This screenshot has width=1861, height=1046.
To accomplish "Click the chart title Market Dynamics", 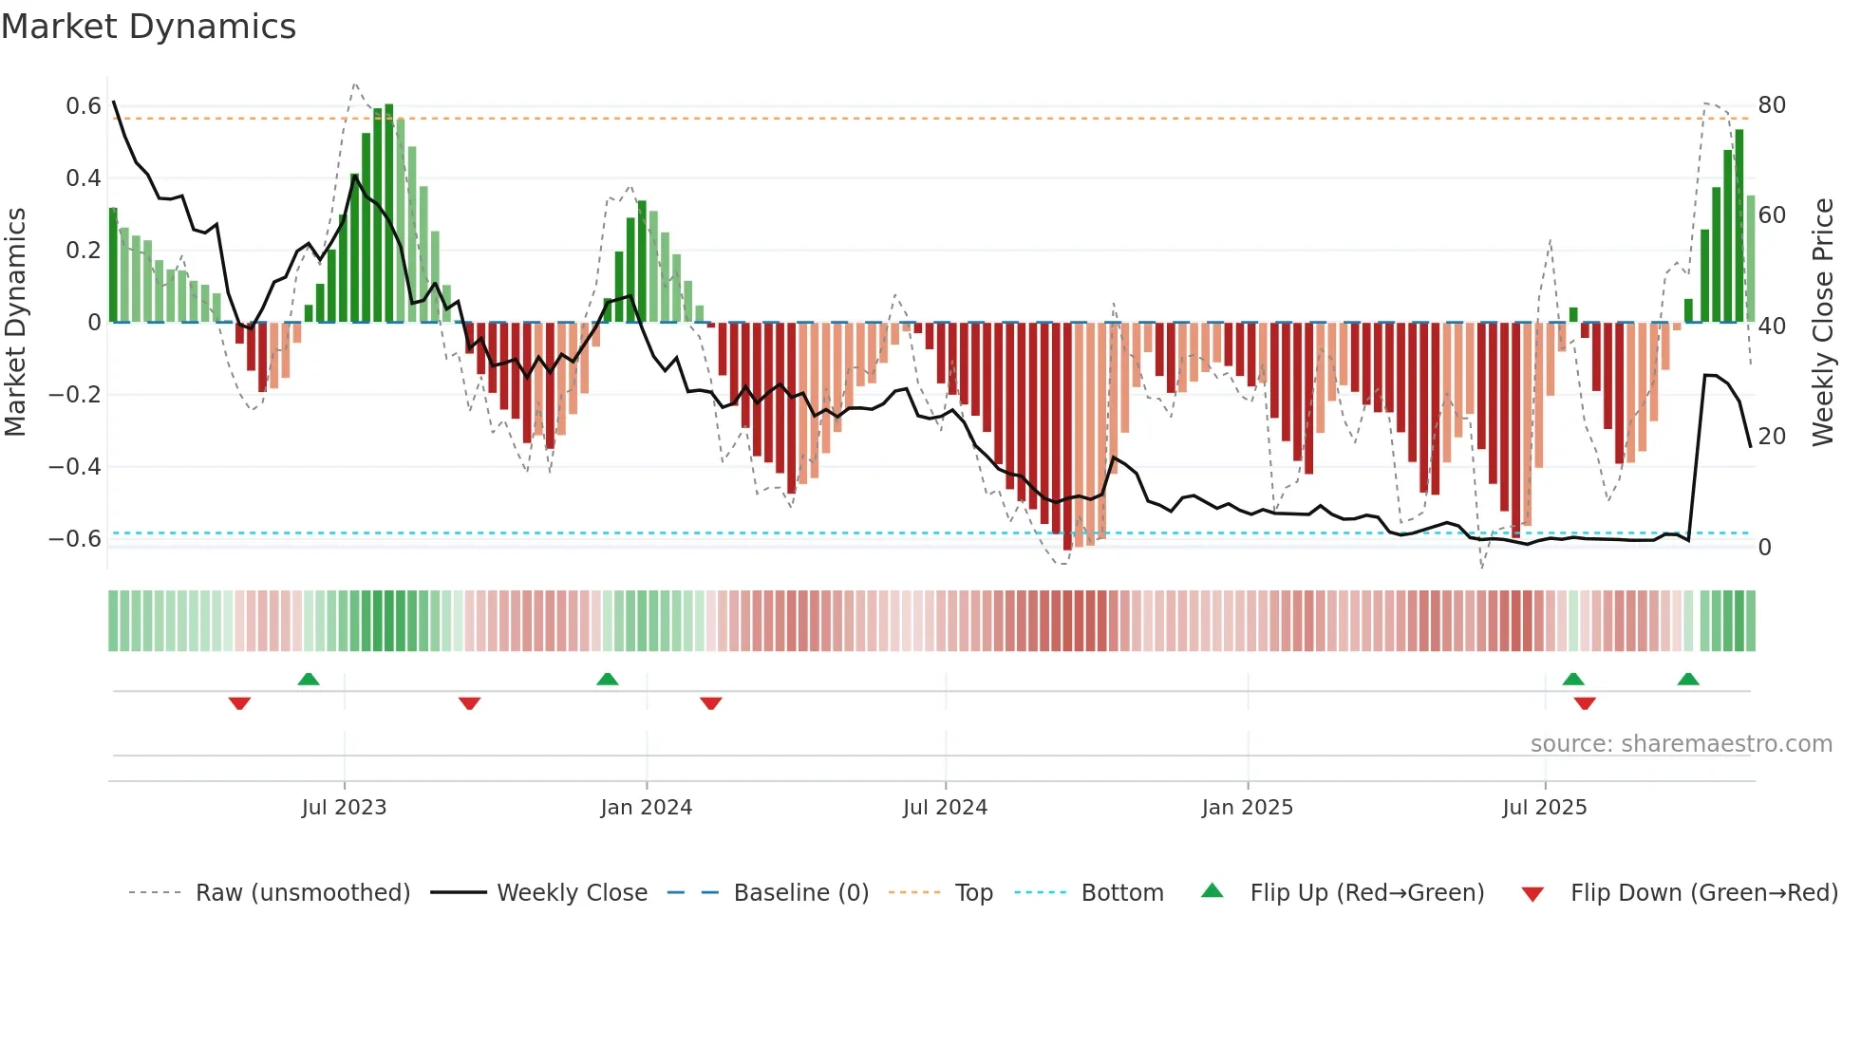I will (x=148, y=27).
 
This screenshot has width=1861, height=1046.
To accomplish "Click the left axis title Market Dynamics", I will (x=16, y=322).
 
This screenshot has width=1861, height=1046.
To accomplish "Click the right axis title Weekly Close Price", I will (x=1822, y=322).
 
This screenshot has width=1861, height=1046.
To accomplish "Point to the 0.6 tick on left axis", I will (x=84, y=105).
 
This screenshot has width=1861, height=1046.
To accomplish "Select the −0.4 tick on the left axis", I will (x=75, y=466).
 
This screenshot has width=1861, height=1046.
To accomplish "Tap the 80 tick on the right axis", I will (x=1772, y=104).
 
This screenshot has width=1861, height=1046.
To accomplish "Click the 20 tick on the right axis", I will (x=1772, y=436).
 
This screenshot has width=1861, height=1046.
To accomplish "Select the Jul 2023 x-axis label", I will (x=344, y=807).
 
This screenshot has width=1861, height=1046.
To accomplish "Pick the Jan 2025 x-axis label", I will (x=1247, y=807).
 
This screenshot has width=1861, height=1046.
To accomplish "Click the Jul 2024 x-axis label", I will (x=945, y=807).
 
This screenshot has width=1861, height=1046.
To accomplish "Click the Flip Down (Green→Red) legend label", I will (x=1703, y=892).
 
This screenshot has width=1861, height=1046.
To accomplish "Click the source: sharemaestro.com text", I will (x=1681, y=743).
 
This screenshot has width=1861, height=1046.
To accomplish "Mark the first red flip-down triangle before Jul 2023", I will (x=239, y=703).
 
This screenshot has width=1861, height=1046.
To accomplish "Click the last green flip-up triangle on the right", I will (x=1687, y=679).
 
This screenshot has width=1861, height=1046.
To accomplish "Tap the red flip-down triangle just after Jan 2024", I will (x=711, y=703).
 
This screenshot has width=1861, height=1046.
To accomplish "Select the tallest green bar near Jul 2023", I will (x=389, y=214).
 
